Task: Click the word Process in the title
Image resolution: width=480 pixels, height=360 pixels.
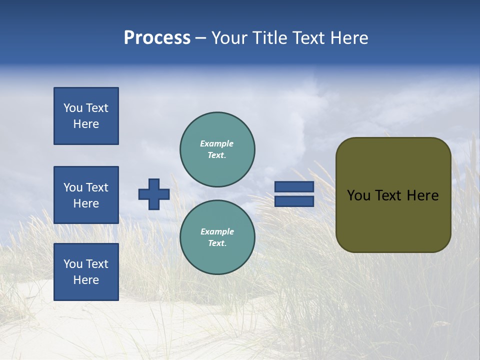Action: coord(157,38)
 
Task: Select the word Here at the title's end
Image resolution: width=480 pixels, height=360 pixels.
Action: coord(349,38)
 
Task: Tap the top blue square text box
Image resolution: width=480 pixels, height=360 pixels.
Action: coord(86,116)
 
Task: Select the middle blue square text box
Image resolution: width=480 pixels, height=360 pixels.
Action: coord(86,195)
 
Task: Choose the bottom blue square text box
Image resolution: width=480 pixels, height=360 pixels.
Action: coord(86,272)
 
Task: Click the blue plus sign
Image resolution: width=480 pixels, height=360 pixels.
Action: coord(154,194)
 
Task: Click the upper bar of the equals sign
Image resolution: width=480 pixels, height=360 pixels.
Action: coord(294,187)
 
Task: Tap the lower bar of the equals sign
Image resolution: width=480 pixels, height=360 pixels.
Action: coord(294,201)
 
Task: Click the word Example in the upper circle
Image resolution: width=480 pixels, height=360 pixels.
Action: coord(216,143)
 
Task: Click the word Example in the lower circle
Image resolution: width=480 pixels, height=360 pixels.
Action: coord(216,231)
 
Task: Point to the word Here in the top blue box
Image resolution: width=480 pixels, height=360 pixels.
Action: coord(86,124)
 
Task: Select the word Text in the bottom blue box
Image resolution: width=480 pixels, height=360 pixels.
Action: coord(96,264)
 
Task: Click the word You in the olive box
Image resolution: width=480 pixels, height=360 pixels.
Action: coord(358,195)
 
